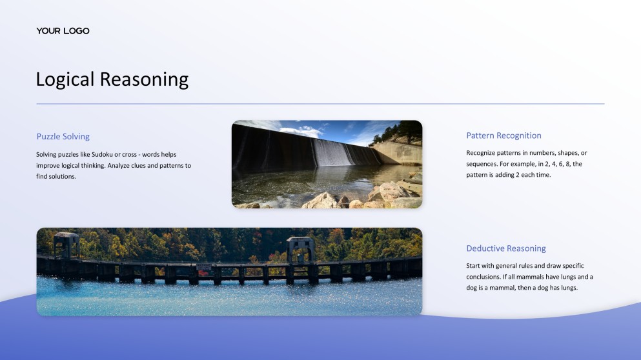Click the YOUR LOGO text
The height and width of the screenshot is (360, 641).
point(63,31)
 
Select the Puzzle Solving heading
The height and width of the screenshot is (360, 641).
point(63,136)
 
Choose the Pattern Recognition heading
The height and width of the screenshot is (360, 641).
point(504,135)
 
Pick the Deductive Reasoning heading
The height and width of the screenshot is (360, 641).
point(505,248)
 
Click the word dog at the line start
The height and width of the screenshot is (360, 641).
point(473,288)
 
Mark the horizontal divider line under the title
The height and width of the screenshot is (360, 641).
point(320,104)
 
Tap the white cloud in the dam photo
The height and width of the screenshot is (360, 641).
point(301,130)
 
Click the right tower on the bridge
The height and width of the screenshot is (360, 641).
point(300,248)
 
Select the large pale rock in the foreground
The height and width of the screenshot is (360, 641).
point(321,201)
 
